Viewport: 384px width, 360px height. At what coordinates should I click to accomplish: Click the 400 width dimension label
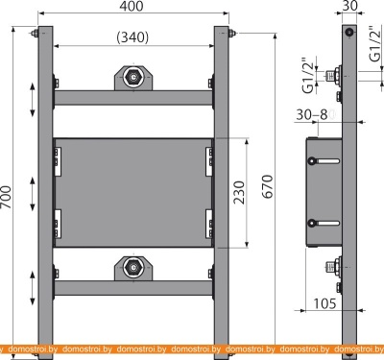[132, 7]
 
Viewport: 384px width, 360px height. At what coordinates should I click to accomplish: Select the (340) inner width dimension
[132, 37]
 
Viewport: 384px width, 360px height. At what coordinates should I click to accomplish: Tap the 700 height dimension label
[6, 197]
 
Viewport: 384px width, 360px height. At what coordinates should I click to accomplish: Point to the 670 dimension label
[268, 186]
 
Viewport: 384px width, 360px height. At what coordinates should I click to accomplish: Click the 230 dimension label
[239, 192]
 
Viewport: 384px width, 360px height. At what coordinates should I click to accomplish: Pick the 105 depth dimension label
[324, 303]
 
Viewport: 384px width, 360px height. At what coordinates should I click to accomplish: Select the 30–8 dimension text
[312, 114]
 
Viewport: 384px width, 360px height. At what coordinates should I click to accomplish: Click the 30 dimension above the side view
[349, 6]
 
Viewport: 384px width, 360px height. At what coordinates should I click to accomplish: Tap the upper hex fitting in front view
[133, 78]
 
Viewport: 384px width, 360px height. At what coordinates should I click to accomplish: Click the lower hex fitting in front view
[133, 268]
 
